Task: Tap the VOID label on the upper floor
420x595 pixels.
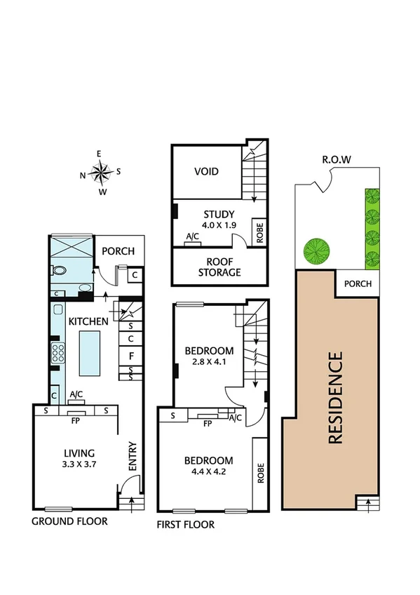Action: pos(205,171)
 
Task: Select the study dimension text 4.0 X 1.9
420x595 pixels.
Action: pos(219,226)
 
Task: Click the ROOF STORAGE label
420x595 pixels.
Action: pos(219,267)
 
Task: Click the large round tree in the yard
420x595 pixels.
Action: pos(316,250)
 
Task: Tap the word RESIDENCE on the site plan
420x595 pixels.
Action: pos(335,398)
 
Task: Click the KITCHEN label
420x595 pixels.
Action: pos(88,321)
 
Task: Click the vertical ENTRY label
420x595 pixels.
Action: pos(132,457)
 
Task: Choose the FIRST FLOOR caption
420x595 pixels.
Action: pos(187,524)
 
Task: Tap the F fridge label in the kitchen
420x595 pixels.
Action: pos(130,355)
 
